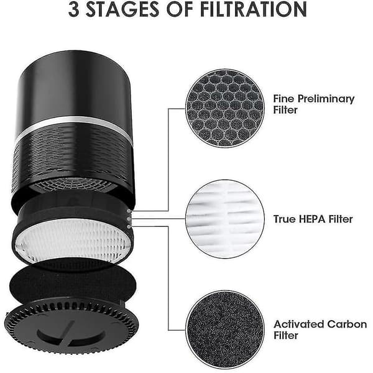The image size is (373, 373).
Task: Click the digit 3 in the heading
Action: [74, 9]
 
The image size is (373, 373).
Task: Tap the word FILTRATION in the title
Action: [254, 9]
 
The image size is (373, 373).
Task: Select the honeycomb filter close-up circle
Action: [225, 108]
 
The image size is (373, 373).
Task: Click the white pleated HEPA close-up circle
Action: [225, 219]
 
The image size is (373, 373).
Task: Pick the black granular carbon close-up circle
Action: [225, 329]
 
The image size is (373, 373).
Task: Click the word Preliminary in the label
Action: [326, 99]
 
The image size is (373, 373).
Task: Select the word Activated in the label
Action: [298, 325]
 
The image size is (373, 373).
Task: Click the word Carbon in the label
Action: [347, 325]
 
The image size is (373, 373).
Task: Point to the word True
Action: [284, 219]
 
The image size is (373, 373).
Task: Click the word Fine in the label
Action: [283, 98]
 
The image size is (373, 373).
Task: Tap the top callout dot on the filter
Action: [129, 211]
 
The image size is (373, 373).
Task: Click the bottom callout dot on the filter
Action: [129, 227]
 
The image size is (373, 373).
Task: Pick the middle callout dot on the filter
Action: [129, 219]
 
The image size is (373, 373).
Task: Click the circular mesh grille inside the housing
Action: [74, 183]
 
